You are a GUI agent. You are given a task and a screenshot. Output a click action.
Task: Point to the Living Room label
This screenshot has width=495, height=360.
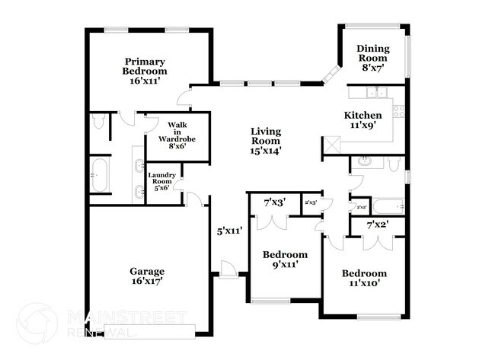(x=266, y=141)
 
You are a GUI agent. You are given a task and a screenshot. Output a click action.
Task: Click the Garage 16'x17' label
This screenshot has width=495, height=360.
(x=146, y=276)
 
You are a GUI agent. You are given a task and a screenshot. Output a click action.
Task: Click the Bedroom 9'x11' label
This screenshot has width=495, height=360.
(x=285, y=260)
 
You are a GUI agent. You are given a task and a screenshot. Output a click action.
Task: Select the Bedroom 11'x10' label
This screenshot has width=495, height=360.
(x=363, y=278)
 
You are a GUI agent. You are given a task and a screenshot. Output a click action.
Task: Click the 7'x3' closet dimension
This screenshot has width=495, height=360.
(x=273, y=202)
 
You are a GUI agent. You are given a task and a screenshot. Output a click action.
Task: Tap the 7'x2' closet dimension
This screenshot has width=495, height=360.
(x=378, y=225)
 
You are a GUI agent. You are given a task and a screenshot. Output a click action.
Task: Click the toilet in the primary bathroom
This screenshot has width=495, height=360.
(x=100, y=122)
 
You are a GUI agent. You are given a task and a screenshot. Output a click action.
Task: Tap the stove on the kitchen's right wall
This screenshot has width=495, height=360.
(x=398, y=110)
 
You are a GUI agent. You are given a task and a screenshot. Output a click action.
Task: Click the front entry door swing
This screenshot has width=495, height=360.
(x=226, y=268)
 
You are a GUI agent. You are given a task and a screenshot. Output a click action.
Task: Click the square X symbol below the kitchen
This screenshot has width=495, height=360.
(x=331, y=145)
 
